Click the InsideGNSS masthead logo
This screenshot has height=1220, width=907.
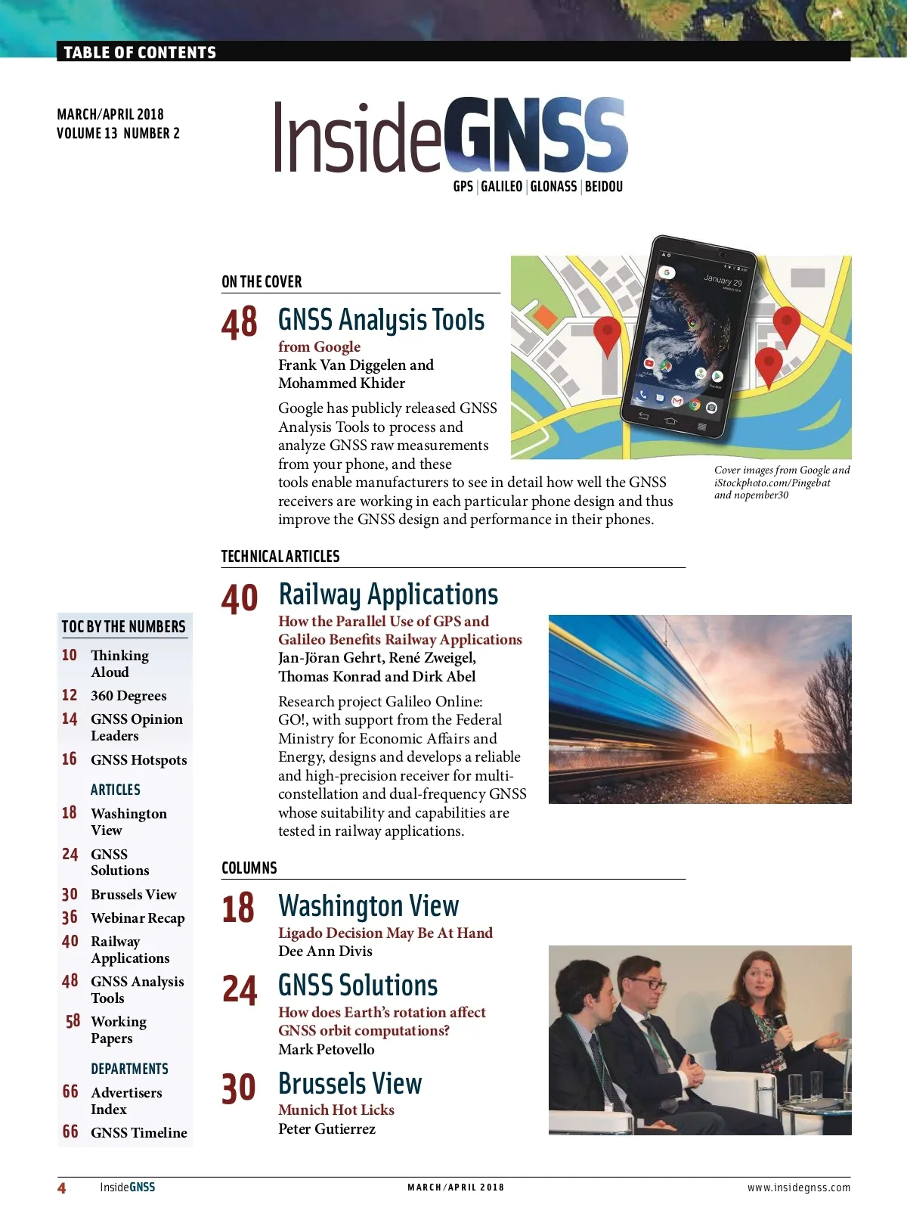tap(450, 136)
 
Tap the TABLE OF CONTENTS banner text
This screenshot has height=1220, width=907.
tap(140, 52)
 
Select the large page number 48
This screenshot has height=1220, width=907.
tap(240, 323)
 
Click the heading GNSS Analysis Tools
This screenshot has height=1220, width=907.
tap(381, 320)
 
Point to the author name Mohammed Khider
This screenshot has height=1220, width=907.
tap(342, 383)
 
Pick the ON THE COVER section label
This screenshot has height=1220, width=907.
tap(262, 282)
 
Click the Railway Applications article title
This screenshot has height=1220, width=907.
tap(388, 594)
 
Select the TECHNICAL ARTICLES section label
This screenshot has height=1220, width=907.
tap(280, 557)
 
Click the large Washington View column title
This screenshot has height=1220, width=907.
tap(368, 906)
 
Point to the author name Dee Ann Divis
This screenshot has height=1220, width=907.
tap(325, 951)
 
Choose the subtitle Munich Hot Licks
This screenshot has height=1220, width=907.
tap(336, 1110)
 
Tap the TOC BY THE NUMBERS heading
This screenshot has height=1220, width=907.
tap(123, 627)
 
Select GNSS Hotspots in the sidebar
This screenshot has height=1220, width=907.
tap(138, 760)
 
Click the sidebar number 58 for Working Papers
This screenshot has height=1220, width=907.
tap(73, 1022)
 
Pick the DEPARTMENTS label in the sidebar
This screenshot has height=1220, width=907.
tap(129, 1069)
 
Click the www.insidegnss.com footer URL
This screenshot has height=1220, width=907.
tap(799, 1187)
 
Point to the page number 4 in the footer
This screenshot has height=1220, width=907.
tap(62, 1188)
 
